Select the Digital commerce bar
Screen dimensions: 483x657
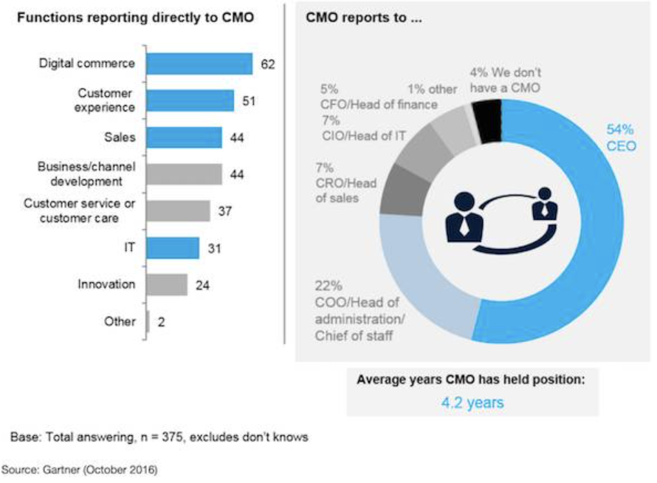tap(199, 64)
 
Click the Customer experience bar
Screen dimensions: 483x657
tap(190, 100)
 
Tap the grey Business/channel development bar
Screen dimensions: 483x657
tap(184, 174)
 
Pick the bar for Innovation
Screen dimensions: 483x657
tap(167, 284)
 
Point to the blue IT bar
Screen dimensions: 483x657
tap(173, 247)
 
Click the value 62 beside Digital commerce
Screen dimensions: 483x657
tap(267, 64)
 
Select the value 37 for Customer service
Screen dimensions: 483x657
tap(225, 212)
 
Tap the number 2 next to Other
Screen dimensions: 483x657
tap(161, 322)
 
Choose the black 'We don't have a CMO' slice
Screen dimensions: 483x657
tap(487, 114)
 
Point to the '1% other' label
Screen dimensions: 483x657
tap(432, 89)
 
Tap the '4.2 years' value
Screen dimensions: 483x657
tap(472, 403)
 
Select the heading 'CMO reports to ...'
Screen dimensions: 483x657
tap(363, 18)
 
